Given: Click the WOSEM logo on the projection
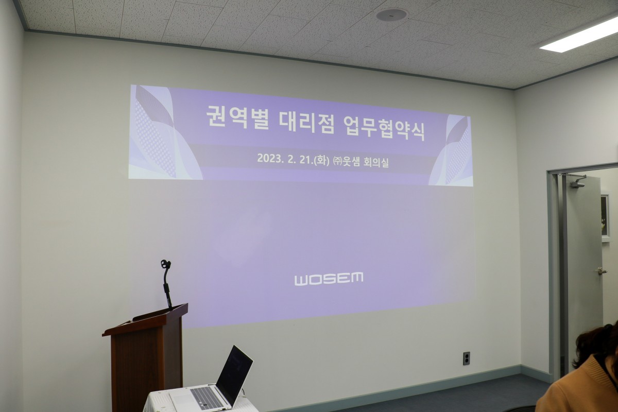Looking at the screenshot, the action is pyautogui.click(x=329, y=279).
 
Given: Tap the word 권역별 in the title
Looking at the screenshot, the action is pyautogui.click(x=237, y=118).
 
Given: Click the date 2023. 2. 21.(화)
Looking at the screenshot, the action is pyautogui.click(x=293, y=159).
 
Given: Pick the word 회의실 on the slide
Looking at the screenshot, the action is pyautogui.click(x=376, y=162).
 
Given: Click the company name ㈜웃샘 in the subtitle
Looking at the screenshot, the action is pyautogui.click(x=346, y=161).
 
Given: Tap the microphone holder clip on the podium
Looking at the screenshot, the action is pyautogui.click(x=165, y=264).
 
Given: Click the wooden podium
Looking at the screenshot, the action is pyautogui.click(x=146, y=356).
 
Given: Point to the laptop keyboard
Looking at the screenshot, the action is pyautogui.click(x=203, y=398).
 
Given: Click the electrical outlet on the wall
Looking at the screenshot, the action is pyautogui.click(x=466, y=358).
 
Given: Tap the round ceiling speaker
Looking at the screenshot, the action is pyautogui.click(x=392, y=14).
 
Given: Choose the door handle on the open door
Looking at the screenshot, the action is pyautogui.click(x=602, y=271).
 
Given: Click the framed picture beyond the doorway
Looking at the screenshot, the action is pyautogui.click(x=605, y=215).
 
